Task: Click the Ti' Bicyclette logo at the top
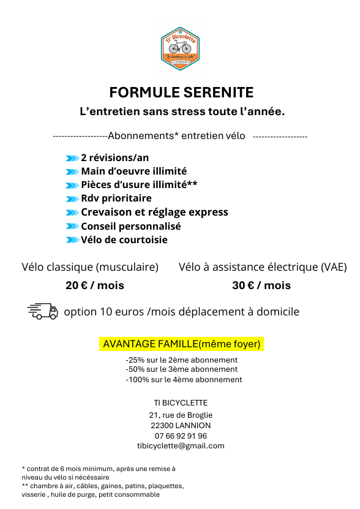pos(180,45)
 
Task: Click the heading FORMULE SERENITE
pos(181,92)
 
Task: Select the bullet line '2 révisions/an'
pos(114,157)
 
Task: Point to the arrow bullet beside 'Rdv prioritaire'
pos(72,198)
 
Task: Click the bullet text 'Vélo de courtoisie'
pos(124,239)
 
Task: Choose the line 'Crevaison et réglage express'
pos(154,212)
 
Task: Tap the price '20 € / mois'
pos(95,285)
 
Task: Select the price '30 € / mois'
pos(261,285)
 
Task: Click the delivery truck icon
pos(43,312)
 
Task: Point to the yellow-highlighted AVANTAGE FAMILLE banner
pos(181,344)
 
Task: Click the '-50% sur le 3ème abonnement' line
pos(181,369)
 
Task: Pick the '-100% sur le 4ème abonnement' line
pos(184,380)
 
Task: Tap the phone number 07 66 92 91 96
pos(181,435)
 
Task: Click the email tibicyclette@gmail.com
pos(181,445)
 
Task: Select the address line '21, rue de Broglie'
pos(181,415)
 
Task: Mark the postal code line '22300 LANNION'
pos(181,425)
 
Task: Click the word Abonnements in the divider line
pos(139,135)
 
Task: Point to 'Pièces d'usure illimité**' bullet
pos(139,184)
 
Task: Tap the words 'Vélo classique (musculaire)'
pos(90,267)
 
